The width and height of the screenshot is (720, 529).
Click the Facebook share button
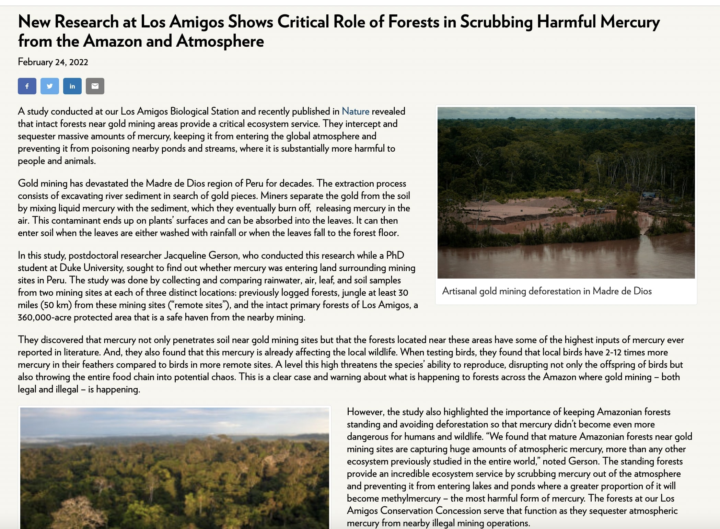click(x=27, y=86)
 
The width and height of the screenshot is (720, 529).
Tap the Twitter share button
click(x=50, y=86)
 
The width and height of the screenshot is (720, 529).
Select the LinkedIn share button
click(x=72, y=86)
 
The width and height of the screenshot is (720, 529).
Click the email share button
click(x=95, y=86)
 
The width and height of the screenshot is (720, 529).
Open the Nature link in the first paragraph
click(x=356, y=111)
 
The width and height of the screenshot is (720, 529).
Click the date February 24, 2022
click(x=53, y=62)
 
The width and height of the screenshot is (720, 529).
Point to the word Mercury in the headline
click(x=630, y=22)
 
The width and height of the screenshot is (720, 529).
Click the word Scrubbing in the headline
click(x=496, y=22)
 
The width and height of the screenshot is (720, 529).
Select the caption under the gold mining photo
click(x=547, y=291)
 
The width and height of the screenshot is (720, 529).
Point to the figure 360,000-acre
click(x=45, y=317)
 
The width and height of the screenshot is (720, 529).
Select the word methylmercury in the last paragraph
click(x=394, y=498)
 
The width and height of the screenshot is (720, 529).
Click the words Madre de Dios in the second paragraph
click(x=176, y=184)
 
